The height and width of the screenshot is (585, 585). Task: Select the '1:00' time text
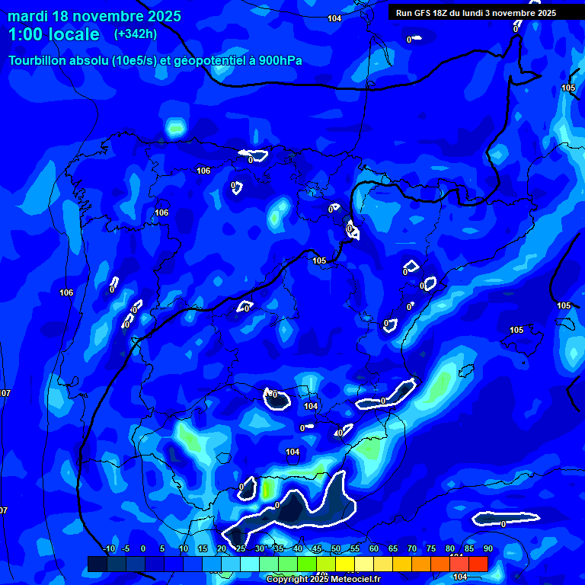(x=25, y=35)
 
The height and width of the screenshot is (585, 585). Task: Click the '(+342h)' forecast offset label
(x=136, y=34)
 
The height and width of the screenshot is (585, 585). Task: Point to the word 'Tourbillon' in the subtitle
(x=38, y=60)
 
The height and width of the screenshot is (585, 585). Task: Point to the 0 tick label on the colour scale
(x=143, y=549)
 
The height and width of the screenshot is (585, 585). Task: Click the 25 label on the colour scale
(x=241, y=549)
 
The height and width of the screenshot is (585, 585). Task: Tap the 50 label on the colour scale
(x=336, y=549)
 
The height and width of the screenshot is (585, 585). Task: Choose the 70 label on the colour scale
(x=412, y=549)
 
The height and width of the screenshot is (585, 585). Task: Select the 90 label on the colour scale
(x=488, y=549)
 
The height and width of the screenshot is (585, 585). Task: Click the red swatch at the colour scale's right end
(x=478, y=564)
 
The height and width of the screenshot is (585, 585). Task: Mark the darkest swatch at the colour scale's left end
(x=97, y=564)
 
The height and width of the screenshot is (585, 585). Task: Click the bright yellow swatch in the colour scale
(x=345, y=564)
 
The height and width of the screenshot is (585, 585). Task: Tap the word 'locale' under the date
(x=74, y=35)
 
